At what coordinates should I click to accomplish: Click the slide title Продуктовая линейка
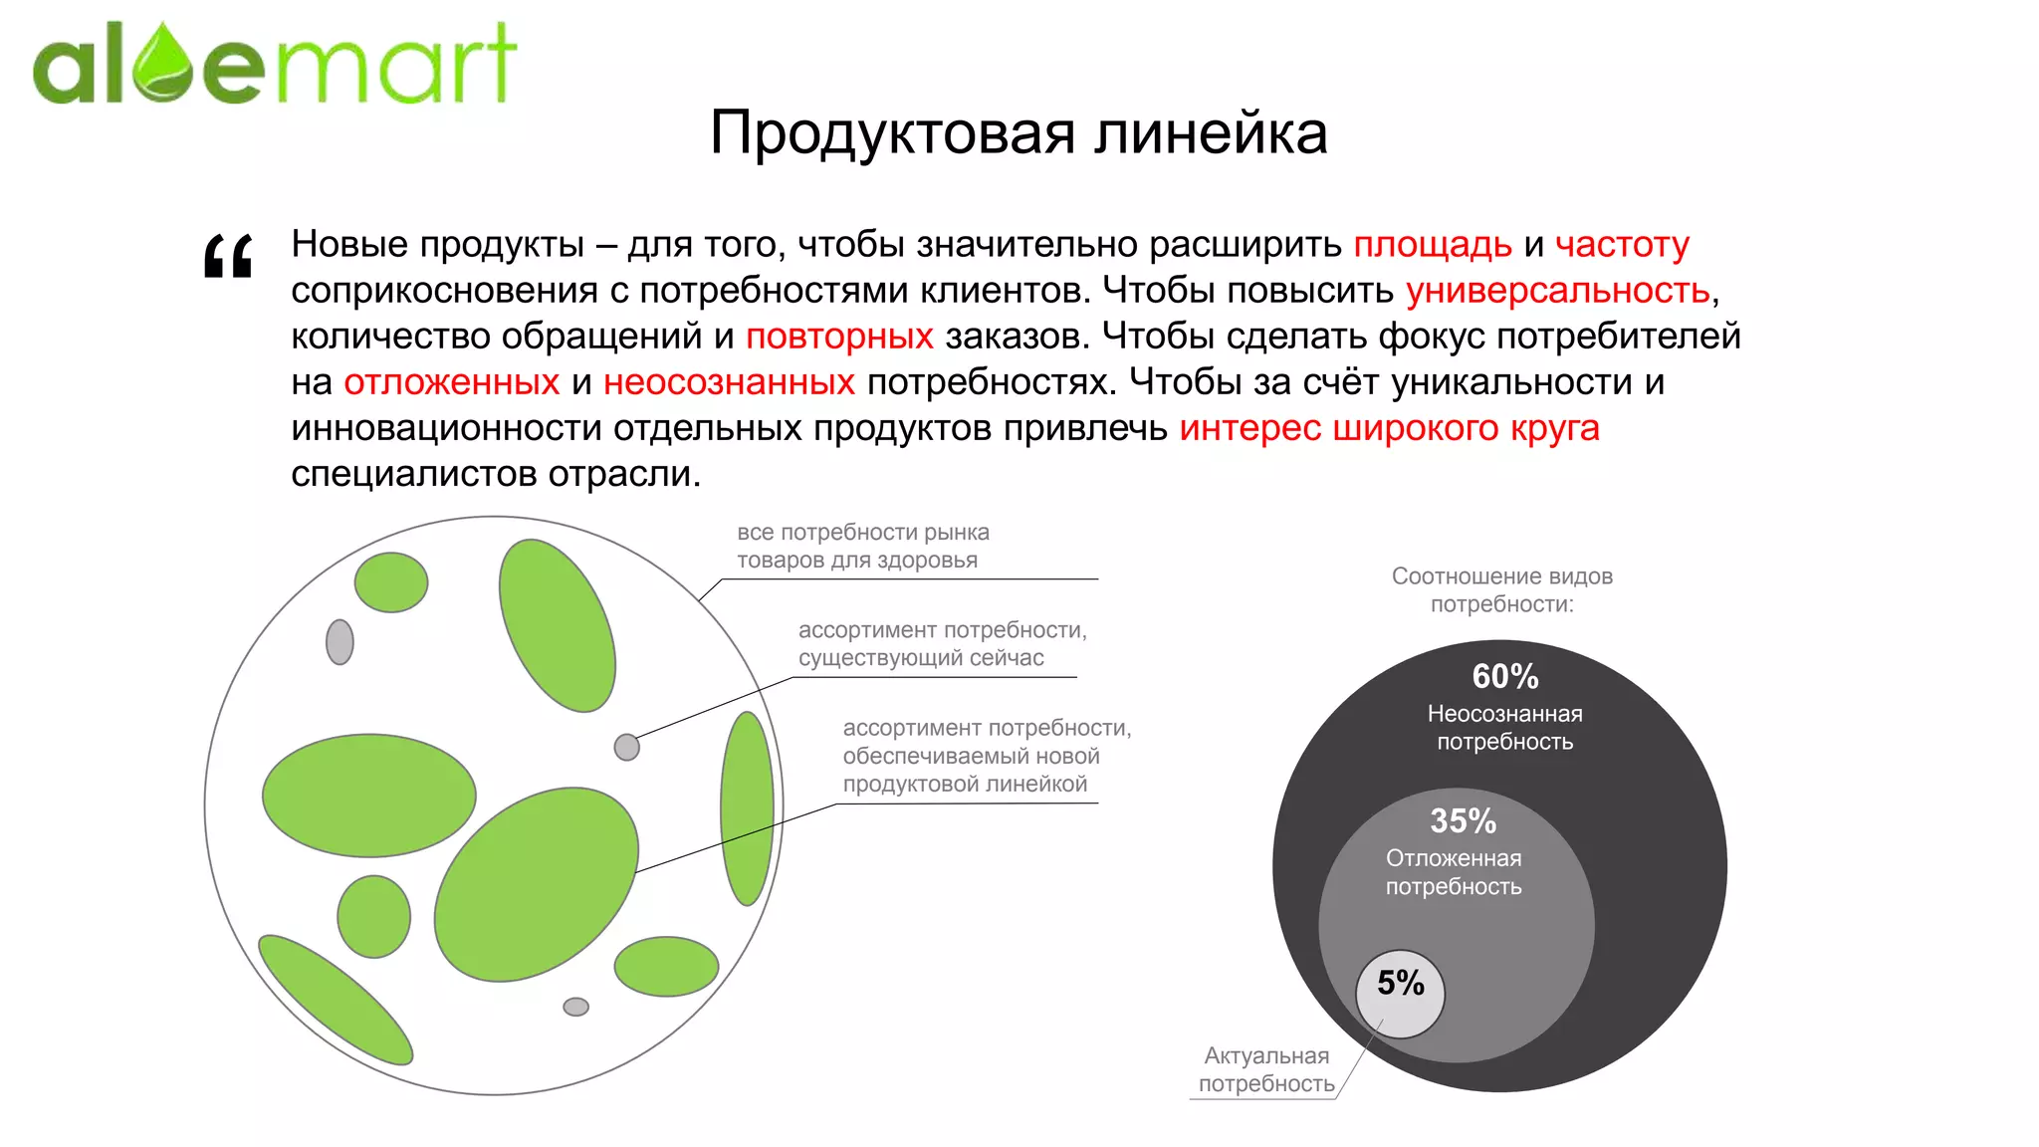pyautogui.click(x=1018, y=132)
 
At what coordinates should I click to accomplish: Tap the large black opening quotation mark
pyautogui.click(x=228, y=257)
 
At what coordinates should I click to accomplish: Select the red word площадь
pyautogui.click(x=1432, y=245)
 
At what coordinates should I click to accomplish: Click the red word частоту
pyautogui.click(x=1621, y=245)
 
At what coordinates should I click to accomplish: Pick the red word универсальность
pyautogui.click(x=1557, y=291)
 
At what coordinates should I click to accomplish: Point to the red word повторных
pyautogui.click(x=839, y=337)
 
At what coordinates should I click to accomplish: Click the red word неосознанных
pyautogui.click(x=729, y=382)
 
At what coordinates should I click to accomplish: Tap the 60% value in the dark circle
pyautogui.click(x=1504, y=677)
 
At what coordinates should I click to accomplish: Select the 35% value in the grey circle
pyautogui.click(x=1463, y=821)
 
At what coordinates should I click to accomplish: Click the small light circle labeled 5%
pyautogui.click(x=1400, y=994)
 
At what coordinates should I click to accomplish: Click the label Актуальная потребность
pyautogui.click(x=1265, y=1069)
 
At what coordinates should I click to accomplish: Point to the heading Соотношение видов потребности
pyautogui.click(x=1501, y=589)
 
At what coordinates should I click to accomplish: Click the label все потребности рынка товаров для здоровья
pyautogui.click(x=862, y=546)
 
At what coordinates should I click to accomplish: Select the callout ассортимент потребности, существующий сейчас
pyautogui.click(x=941, y=643)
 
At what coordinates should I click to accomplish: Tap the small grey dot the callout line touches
pyautogui.click(x=626, y=747)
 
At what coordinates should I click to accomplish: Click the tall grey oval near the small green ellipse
pyautogui.click(x=340, y=642)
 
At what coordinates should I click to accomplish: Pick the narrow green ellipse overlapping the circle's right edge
pyautogui.click(x=747, y=807)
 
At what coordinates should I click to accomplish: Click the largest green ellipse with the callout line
pyautogui.click(x=536, y=884)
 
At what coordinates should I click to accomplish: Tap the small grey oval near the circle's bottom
pyautogui.click(x=575, y=1007)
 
